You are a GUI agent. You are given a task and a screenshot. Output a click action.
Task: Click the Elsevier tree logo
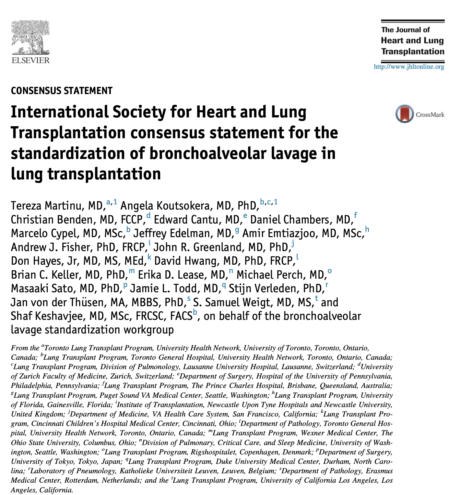[30, 38]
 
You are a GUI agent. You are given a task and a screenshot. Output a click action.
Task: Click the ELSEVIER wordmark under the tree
[30, 60]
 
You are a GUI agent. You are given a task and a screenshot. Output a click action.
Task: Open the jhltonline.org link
[409, 67]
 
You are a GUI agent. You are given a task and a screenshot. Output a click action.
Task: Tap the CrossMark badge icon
[404, 114]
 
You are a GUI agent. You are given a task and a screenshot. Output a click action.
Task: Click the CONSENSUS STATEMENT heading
[62, 91]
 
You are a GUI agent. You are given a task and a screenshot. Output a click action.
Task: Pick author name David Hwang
[186, 261]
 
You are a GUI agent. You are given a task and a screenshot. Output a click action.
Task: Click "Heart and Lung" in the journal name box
[412, 41]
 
